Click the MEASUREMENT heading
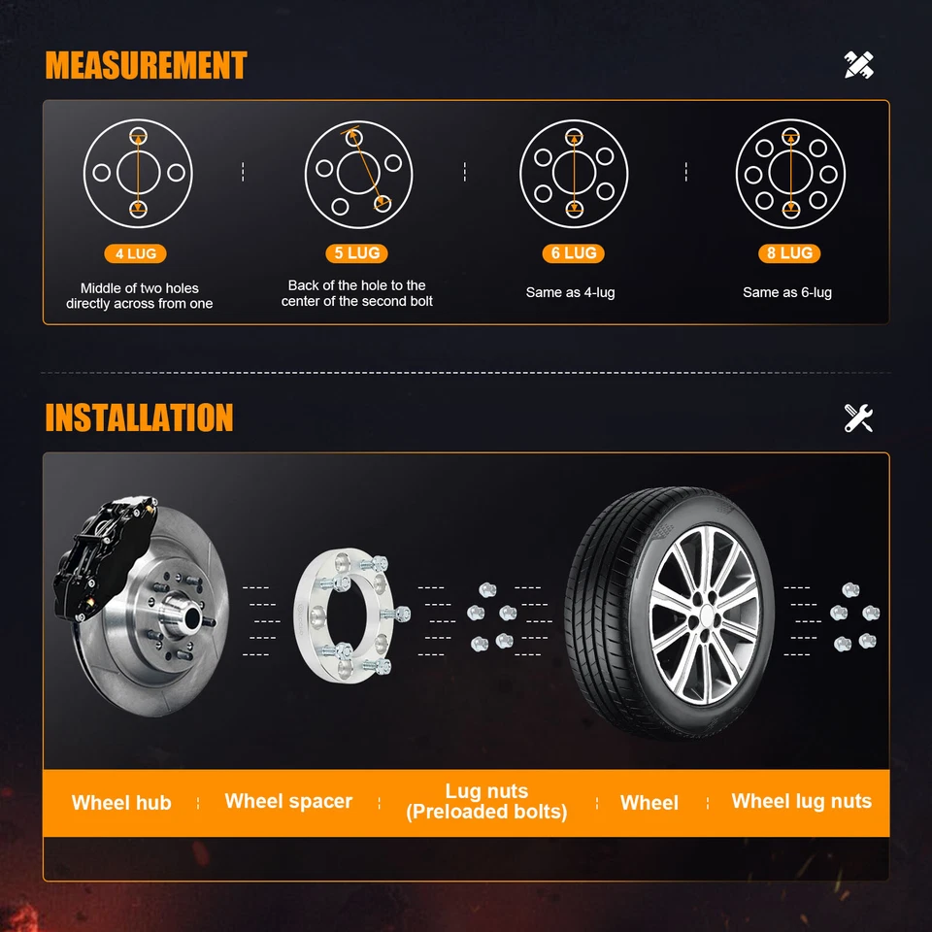coord(146,66)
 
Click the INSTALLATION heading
coord(139,417)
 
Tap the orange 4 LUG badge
coord(136,254)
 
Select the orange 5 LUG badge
coord(356,253)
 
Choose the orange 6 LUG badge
coord(573,253)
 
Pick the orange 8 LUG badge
coord(789,253)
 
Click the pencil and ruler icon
coord(858,65)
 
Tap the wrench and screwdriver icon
coord(858,417)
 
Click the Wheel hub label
coord(121,803)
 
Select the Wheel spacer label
coord(288,801)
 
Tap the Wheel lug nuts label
coord(801,801)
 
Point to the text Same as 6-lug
coord(787,292)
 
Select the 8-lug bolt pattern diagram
coord(790,174)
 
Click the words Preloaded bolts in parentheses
coord(486,813)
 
